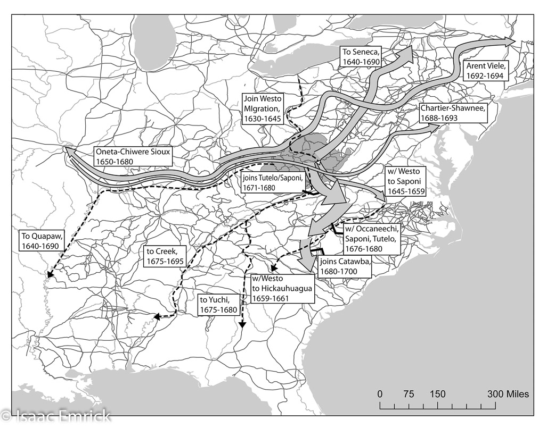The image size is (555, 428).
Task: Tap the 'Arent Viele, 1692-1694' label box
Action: [487, 71]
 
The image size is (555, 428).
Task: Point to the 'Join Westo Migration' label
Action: [263, 109]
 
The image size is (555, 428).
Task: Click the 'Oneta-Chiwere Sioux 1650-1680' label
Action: [133, 156]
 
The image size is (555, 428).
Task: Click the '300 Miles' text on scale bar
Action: [508, 394]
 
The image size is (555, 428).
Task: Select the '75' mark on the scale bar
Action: [409, 394]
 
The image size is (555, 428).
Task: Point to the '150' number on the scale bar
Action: [438, 394]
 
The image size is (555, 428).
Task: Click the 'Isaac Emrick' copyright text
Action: [56, 415]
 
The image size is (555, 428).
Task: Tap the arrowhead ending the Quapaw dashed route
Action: [50, 274]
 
